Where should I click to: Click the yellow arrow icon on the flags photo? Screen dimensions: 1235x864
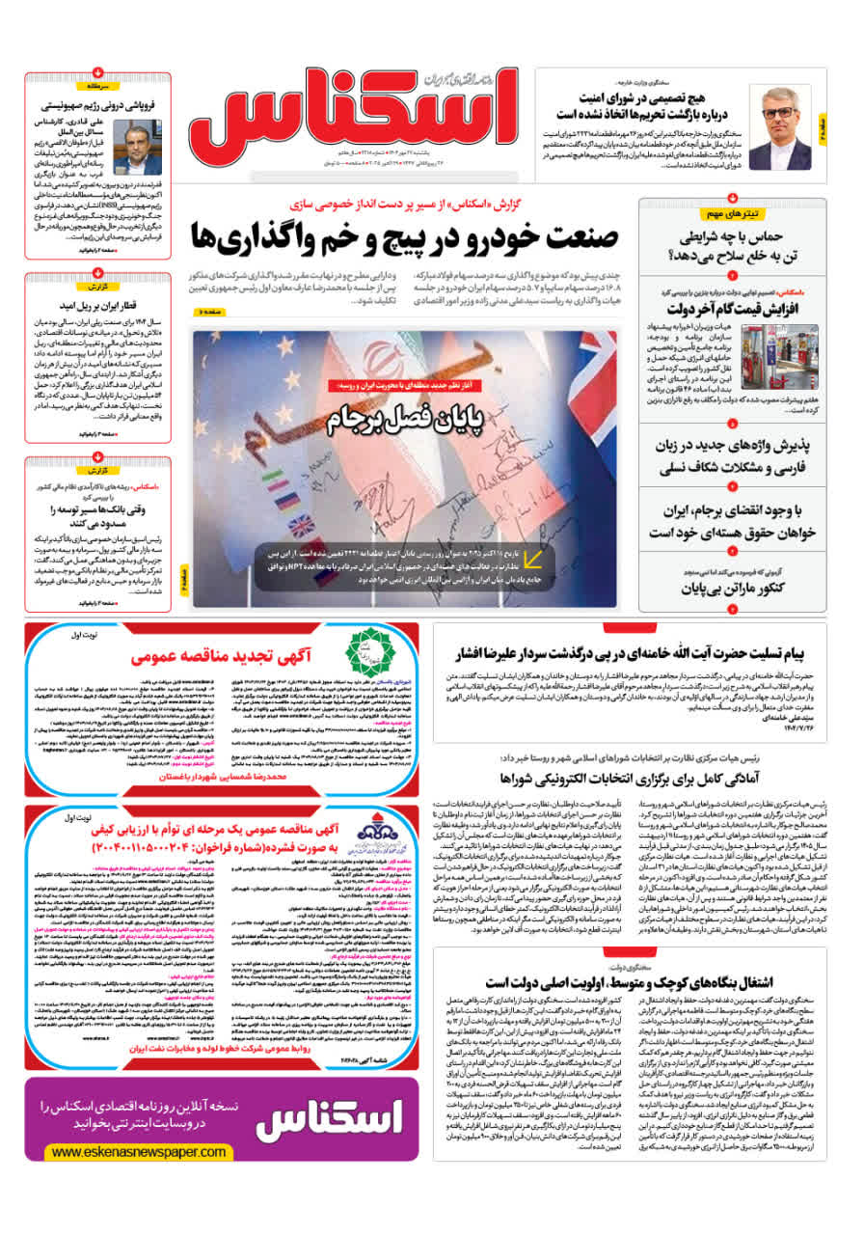[x=532, y=557]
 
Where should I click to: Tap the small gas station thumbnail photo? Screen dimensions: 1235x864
[x=791, y=354]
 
